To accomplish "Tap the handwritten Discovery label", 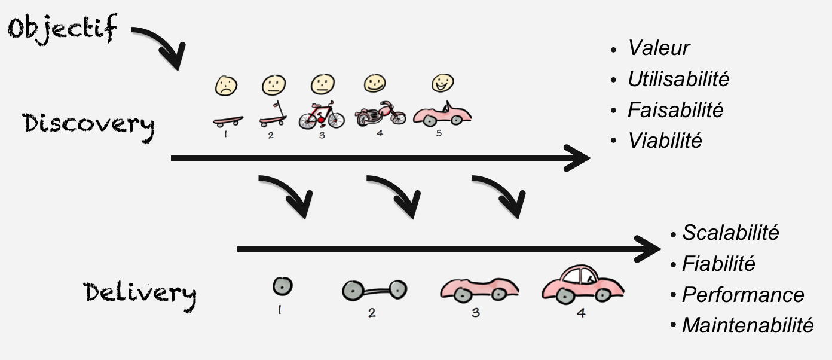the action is click(x=88, y=126).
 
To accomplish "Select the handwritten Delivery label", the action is click(x=140, y=295).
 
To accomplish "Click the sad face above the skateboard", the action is click(x=226, y=86).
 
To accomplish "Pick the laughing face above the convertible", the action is click(x=443, y=83).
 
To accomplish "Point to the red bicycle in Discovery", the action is click(x=322, y=115).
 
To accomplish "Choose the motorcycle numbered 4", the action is click(x=380, y=114).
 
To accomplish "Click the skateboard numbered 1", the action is click(x=228, y=121).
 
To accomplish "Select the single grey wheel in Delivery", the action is click(x=282, y=286).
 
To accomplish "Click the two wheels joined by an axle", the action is click(x=374, y=290).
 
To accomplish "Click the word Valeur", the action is click(x=659, y=48).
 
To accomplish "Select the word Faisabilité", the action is click(x=675, y=110).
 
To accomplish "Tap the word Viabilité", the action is click(x=665, y=141).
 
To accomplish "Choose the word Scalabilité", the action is click(x=730, y=233).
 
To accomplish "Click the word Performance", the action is click(x=743, y=295).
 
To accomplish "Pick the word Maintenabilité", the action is click(x=748, y=325).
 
